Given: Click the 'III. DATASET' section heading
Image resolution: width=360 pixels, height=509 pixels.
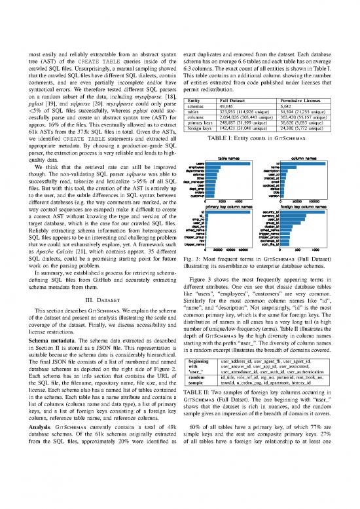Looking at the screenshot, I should [90, 300].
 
